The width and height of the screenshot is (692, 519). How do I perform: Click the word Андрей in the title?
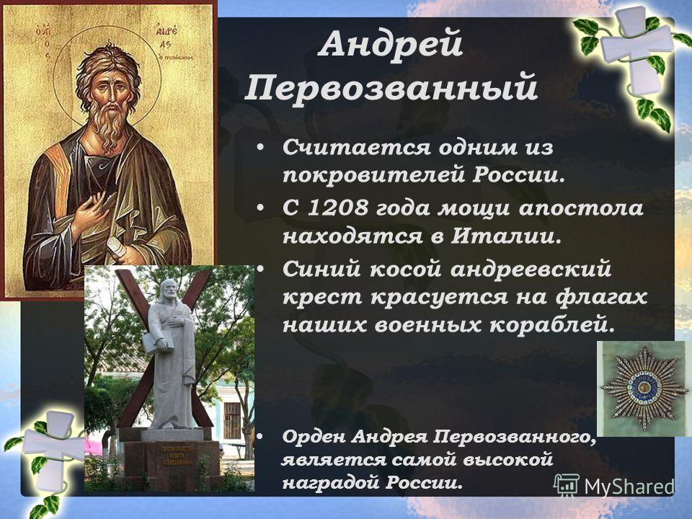(391, 45)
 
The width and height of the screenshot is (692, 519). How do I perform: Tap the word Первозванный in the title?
(391, 88)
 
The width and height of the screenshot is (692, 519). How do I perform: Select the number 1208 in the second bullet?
(337, 208)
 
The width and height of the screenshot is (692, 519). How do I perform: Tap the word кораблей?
(552, 326)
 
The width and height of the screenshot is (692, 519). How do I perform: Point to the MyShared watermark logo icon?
(567, 485)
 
